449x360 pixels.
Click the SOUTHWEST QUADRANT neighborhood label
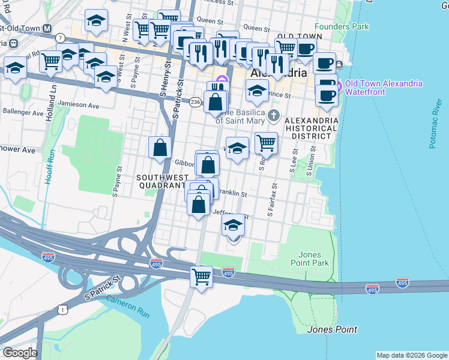point(160,181)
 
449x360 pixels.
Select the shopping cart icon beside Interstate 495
point(202,277)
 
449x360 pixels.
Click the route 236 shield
point(196,102)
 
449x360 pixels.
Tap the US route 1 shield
point(62,309)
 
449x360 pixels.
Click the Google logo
point(20,353)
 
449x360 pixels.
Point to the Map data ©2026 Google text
point(412,355)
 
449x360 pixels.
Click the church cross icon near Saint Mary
point(274,115)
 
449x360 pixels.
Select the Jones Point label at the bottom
point(332,329)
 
